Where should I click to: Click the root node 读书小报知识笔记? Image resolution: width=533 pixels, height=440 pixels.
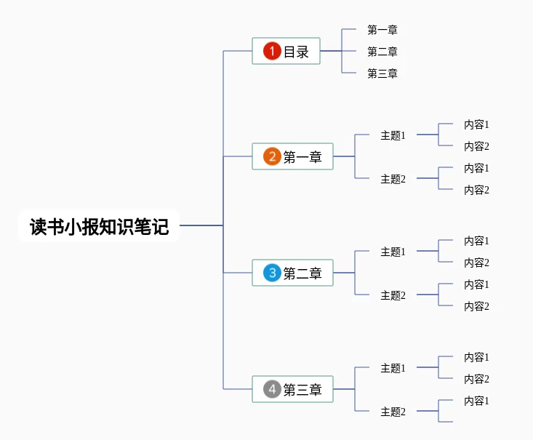pyautogui.click(x=99, y=226)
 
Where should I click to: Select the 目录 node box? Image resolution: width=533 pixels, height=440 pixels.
pyautogui.click(x=286, y=51)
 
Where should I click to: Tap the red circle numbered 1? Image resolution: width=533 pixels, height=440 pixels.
pyautogui.click(x=272, y=51)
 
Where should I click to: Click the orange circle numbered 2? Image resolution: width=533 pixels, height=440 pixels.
pyautogui.click(x=272, y=156)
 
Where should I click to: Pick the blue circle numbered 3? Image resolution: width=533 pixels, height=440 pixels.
pyautogui.click(x=272, y=273)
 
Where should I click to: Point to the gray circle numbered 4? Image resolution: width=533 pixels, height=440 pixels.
pyautogui.click(x=272, y=389)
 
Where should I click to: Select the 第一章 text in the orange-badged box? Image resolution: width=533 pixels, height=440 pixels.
pyautogui.click(x=302, y=157)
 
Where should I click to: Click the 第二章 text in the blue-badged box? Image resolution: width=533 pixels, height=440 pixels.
pyautogui.click(x=302, y=273)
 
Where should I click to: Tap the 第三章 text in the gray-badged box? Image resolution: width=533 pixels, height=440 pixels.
pyautogui.click(x=302, y=390)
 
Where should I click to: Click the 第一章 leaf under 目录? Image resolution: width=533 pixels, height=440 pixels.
pyautogui.click(x=382, y=30)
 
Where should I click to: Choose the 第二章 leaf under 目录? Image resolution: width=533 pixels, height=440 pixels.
pyautogui.click(x=382, y=52)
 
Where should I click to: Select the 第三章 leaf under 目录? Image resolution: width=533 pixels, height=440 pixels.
pyautogui.click(x=382, y=73)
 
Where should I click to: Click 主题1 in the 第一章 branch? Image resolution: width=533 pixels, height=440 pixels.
pyautogui.click(x=393, y=135)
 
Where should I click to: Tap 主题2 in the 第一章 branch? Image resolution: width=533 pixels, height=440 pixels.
pyautogui.click(x=393, y=179)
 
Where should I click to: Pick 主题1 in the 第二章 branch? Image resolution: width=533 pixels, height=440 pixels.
pyautogui.click(x=393, y=252)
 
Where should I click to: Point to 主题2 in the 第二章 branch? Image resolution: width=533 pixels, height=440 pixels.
pyautogui.click(x=393, y=295)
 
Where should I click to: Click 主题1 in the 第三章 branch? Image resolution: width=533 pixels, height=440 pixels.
pyautogui.click(x=393, y=368)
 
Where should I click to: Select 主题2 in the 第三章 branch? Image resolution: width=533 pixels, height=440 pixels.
pyautogui.click(x=393, y=412)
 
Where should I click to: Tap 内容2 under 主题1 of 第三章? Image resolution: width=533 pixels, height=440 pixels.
pyautogui.click(x=477, y=379)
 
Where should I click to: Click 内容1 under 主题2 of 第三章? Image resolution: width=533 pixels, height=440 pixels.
pyautogui.click(x=477, y=401)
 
